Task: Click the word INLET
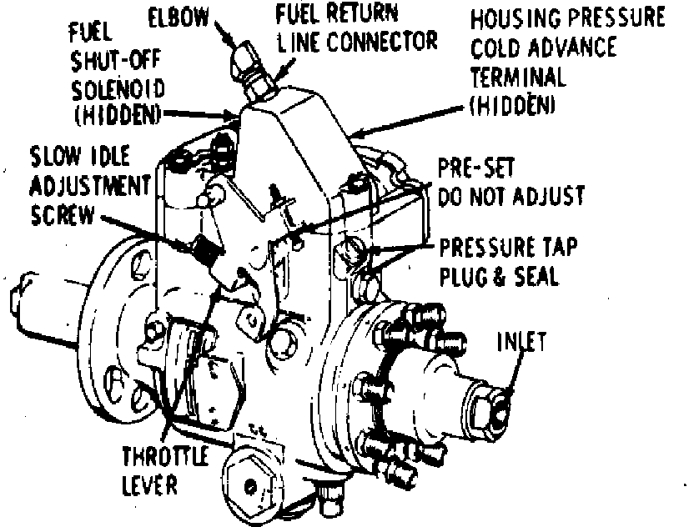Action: [x=522, y=343]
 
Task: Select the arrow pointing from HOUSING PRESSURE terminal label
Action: [x=410, y=120]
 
